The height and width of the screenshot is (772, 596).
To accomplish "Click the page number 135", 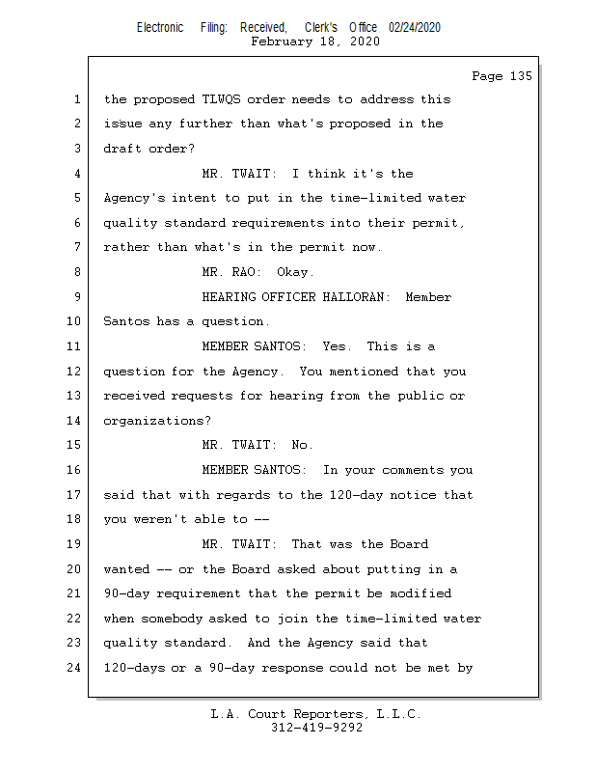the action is pyautogui.click(x=521, y=76).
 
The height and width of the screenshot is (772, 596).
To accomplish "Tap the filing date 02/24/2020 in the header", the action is pyautogui.click(x=415, y=28).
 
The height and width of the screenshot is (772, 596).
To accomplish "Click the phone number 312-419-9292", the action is pyautogui.click(x=316, y=728).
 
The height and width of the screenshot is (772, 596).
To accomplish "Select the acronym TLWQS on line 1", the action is pyautogui.click(x=221, y=99).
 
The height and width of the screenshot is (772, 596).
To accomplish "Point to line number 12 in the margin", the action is pyautogui.click(x=74, y=372).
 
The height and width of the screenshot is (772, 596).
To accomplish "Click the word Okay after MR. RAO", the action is pyautogui.click(x=295, y=273).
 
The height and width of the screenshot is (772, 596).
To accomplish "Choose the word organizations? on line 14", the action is pyautogui.click(x=157, y=422).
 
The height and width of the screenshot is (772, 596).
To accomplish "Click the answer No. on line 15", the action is pyautogui.click(x=302, y=445).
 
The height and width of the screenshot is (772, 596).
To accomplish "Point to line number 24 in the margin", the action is pyautogui.click(x=74, y=668).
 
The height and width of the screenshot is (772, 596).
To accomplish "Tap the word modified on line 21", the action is pyautogui.click(x=420, y=593).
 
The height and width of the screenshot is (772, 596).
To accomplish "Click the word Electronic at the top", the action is pyautogui.click(x=160, y=28).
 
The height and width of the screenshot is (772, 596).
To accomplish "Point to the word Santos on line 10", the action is pyautogui.click(x=126, y=321).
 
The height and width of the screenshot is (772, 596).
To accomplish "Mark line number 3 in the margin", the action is pyautogui.click(x=77, y=149).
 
